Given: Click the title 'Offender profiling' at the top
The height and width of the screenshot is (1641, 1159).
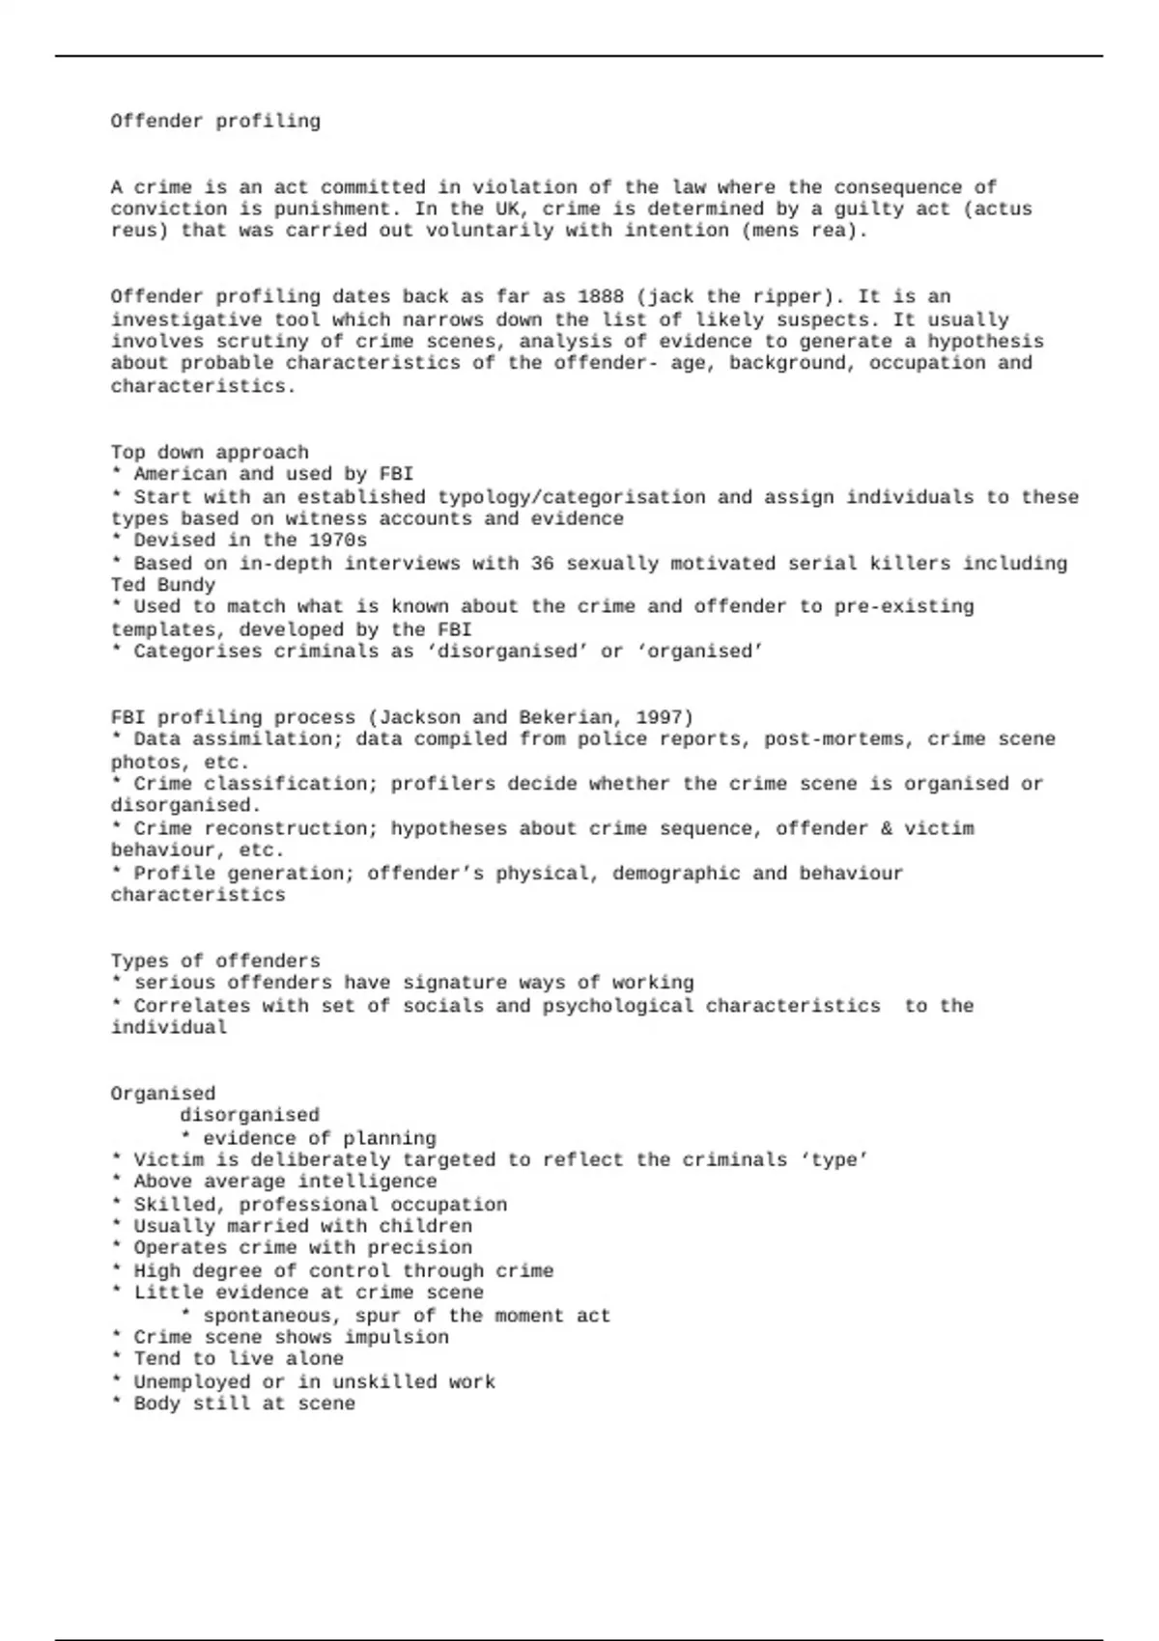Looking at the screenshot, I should tap(214, 122).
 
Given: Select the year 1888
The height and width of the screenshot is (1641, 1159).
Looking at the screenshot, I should tap(601, 297).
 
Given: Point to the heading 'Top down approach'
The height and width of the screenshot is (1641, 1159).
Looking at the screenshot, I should tap(210, 453).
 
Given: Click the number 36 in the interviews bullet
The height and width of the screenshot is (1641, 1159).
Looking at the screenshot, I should tap(542, 563).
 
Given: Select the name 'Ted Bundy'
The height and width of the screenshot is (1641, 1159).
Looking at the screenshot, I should tap(162, 585).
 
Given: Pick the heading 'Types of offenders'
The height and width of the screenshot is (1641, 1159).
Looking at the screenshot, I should tap(214, 961).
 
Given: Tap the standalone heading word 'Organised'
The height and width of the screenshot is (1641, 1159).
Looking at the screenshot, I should tap(162, 1094).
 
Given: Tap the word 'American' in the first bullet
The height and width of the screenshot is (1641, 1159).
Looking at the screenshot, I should tap(180, 474).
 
